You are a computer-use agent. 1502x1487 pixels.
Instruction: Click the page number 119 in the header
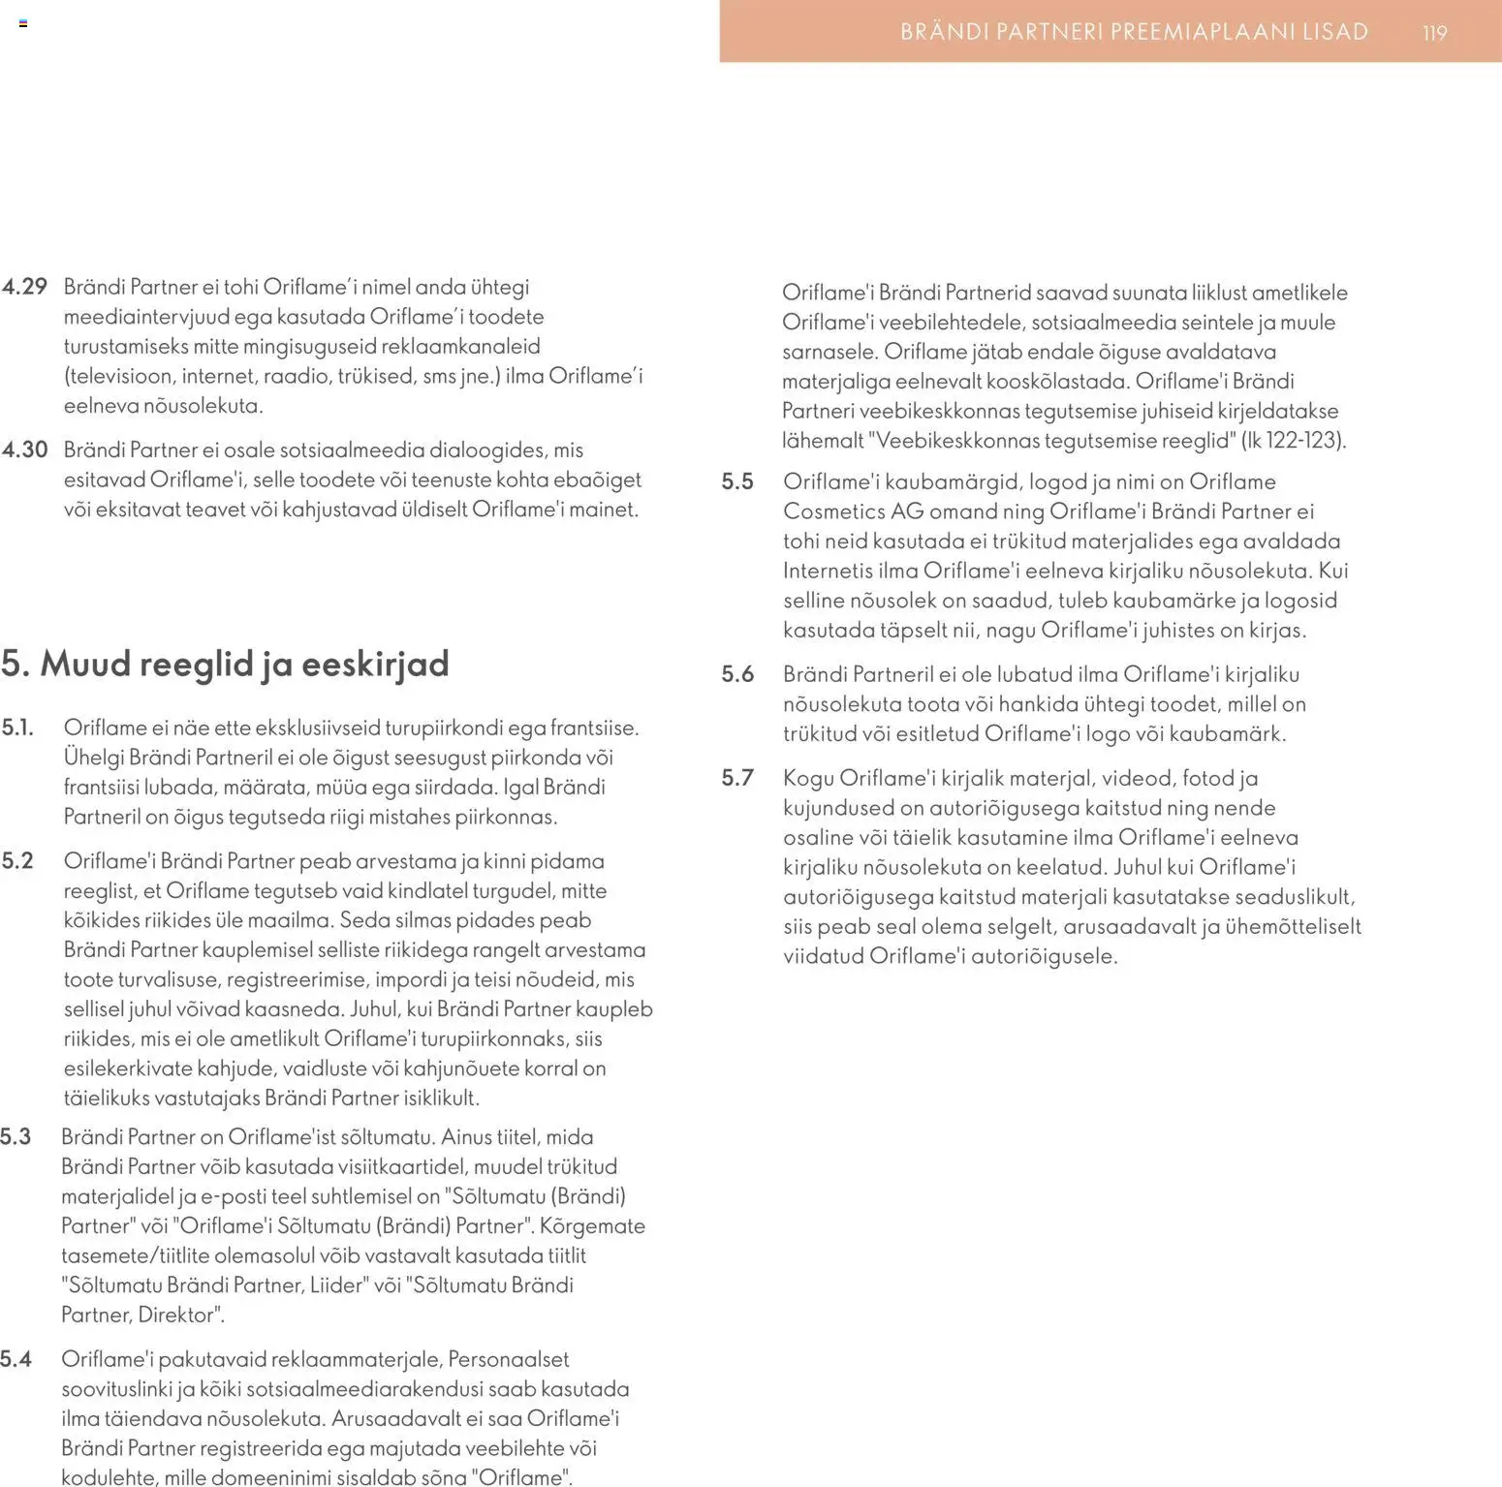1434,33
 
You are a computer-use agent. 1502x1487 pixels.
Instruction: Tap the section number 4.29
24,287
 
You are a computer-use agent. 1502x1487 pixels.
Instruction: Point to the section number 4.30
24,449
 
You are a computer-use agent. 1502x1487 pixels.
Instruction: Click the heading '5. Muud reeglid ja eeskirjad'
225,665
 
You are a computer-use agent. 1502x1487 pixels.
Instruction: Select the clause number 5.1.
17,728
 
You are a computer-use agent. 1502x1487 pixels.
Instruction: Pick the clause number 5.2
17,861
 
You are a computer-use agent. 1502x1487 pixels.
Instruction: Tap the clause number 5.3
16,1137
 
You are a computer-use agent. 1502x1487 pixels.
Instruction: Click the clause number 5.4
16,1360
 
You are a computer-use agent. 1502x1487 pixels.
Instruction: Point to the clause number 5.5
737,482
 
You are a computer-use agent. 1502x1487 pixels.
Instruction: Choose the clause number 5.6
737,675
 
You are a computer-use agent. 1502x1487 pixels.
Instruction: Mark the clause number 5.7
737,779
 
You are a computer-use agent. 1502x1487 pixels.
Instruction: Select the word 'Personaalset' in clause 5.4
508,1360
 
